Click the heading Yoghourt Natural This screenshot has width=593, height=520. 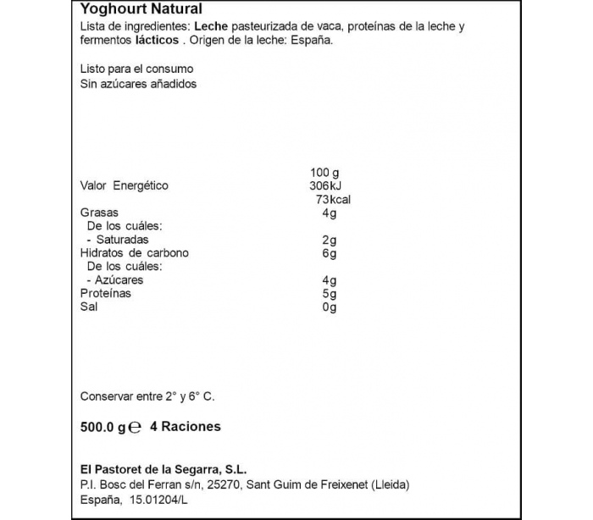(x=141, y=9)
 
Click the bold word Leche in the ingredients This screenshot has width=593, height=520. (x=211, y=27)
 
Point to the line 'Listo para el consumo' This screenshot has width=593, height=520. (x=136, y=69)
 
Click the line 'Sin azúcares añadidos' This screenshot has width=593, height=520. (x=138, y=84)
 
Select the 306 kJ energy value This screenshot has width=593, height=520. (x=326, y=185)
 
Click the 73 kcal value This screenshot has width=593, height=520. (x=332, y=199)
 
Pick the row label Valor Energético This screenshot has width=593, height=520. (x=124, y=185)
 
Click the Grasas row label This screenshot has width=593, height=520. (x=99, y=213)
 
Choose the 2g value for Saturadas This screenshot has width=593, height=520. (x=331, y=240)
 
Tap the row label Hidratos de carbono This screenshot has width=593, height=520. (x=134, y=253)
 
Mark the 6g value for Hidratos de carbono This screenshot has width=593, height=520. (x=331, y=253)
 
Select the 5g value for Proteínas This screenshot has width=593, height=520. (x=331, y=294)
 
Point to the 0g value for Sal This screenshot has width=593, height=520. (x=331, y=307)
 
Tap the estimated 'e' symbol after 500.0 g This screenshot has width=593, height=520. (x=135, y=428)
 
